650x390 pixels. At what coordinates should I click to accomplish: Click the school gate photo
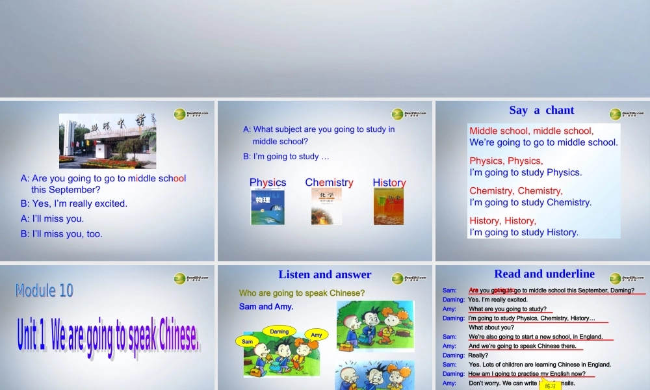(x=107, y=141)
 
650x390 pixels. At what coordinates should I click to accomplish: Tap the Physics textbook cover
(x=268, y=207)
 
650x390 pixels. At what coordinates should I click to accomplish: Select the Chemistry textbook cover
(x=327, y=207)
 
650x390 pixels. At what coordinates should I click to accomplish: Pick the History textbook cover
(x=389, y=207)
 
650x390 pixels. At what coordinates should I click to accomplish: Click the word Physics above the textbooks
(x=268, y=183)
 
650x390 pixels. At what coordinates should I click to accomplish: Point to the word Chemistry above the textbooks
(x=329, y=183)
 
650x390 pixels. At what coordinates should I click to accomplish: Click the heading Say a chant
(x=541, y=110)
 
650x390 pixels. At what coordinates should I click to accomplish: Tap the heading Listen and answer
(x=324, y=275)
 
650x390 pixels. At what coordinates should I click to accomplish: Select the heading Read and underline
(x=544, y=274)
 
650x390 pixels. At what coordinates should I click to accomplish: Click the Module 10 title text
(x=45, y=291)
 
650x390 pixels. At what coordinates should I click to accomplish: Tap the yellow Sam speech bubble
(x=247, y=341)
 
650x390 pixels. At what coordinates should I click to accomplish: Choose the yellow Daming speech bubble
(x=279, y=331)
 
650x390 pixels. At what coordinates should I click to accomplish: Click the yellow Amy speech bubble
(x=317, y=335)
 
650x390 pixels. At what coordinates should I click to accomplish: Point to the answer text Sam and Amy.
(x=266, y=306)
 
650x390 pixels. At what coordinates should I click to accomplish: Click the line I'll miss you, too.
(x=62, y=234)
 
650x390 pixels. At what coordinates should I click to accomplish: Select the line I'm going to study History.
(x=524, y=232)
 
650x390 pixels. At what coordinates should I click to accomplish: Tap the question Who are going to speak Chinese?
(x=302, y=293)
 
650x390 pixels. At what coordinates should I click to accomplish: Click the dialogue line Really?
(x=478, y=356)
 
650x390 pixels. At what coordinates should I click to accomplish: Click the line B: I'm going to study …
(x=286, y=157)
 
